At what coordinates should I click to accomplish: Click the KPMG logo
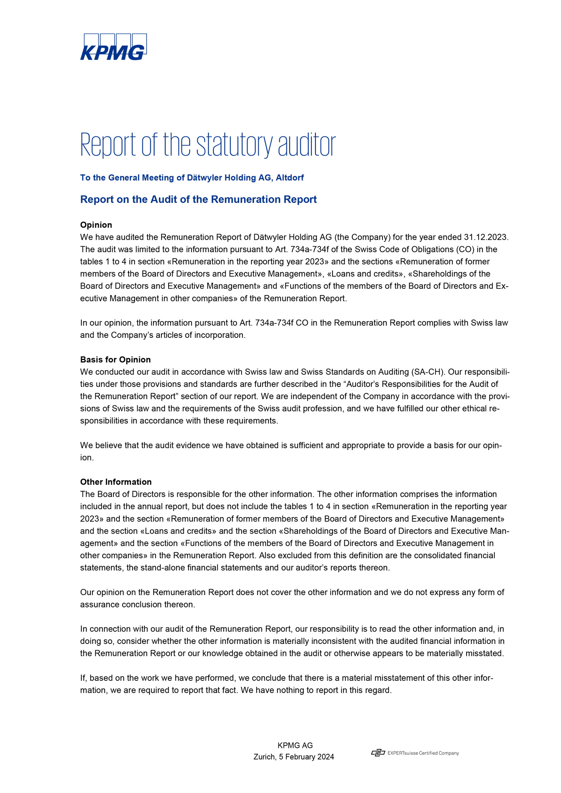click(113, 47)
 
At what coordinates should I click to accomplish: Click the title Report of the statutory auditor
click(208, 145)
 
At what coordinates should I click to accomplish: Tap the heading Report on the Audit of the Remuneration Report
click(198, 199)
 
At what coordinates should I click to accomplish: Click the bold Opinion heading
click(96, 225)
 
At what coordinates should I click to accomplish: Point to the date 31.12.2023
click(486, 237)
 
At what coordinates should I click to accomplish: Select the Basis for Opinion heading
click(115, 360)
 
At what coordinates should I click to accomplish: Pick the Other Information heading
click(116, 482)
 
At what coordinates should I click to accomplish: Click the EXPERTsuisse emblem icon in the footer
click(378, 753)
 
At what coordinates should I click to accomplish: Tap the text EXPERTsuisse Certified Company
click(423, 753)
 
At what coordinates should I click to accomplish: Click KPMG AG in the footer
click(295, 745)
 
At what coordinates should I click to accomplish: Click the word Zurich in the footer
click(265, 757)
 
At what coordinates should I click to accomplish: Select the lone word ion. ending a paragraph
click(87, 458)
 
